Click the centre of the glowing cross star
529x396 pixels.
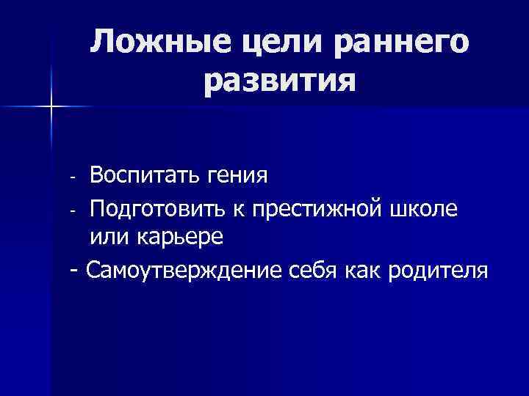(x=51, y=107)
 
